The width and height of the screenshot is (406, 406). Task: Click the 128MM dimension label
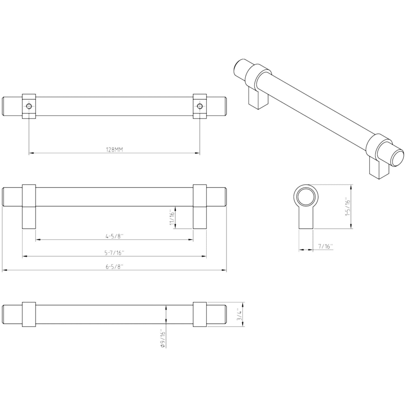pyautogui.click(x=114, y=150)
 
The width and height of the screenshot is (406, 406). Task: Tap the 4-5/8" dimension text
pyautogui.click(x=114, y=236)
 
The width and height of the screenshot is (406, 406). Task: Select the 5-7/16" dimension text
pyautogui.click(x=115, y=253)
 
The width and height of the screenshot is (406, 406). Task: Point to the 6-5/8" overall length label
pyautogui.click(x=114, y=267)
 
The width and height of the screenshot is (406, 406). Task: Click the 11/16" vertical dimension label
pyautogui.click(x=172, y=217)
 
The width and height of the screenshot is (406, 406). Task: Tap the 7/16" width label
pyautogui.click(x=325, y=246)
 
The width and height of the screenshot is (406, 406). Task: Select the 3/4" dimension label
pyautogui.click(x=240, y=314)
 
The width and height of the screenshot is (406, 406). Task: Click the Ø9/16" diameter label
pyautogui.click(x=162, y=338)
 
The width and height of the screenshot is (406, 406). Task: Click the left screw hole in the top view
pyautogui.click(x=29, y=106)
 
